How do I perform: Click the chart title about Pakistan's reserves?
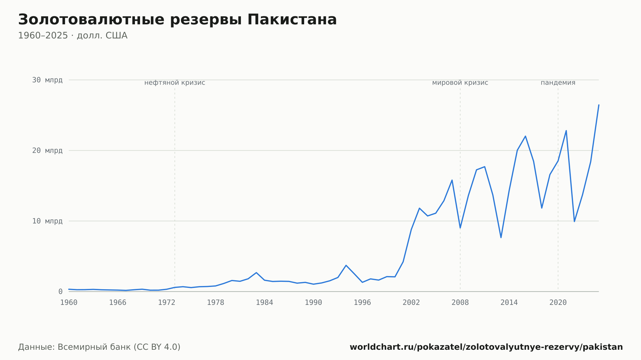coord(177,20)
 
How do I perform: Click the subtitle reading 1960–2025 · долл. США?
coord(73,36)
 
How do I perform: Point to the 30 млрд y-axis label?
coord(47,80)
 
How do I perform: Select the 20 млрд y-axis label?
coord(47,151)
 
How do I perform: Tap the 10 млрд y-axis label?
coord(47,221)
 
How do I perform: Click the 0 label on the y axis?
coord(60,291)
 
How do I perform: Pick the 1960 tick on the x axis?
coord(69,303)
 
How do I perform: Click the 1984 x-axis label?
coord(264,303)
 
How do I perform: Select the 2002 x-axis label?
coord(411,303)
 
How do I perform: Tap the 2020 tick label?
coord(558,303)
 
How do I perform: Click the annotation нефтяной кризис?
coord(175,83)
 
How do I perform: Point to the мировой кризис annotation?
coord(460,83)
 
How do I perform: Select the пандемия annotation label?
coord(558,83)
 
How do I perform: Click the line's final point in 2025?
coord(599,105)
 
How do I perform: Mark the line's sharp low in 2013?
coord(501,237)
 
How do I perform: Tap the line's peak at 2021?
coord(566,131)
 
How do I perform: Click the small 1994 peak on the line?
coord(346,265)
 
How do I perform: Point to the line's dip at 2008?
coord(460,228)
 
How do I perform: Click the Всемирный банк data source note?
coord(99,347)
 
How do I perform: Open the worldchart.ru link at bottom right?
coord(486,347)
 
